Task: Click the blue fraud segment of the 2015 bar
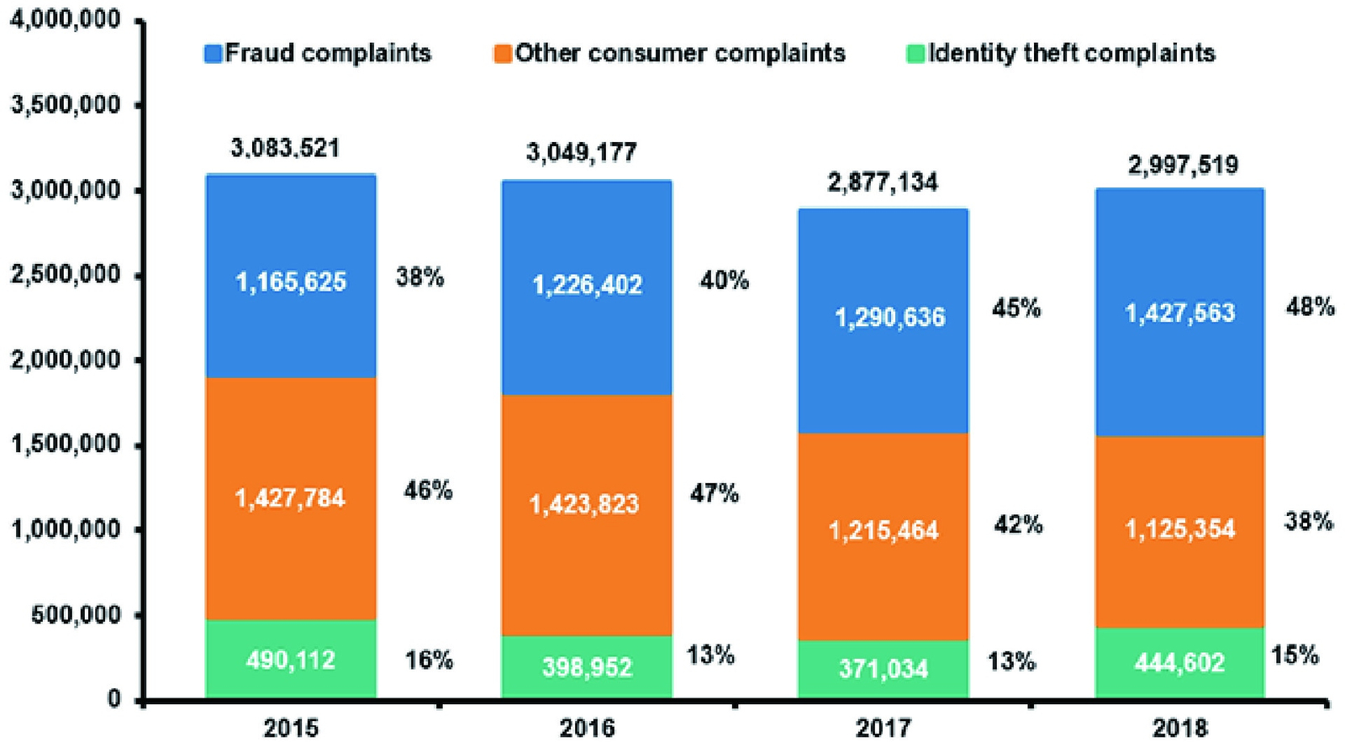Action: (x=291, y=276)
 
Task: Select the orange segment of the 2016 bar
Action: (x=587, y=515)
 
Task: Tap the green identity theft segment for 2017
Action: (x=883, y=670)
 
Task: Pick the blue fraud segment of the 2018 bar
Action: (x=1179, y=312)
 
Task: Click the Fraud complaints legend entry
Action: (x=318, y=54)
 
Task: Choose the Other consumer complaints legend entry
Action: (x=669, y=54)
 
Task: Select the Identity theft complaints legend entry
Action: (x=1060, y=54)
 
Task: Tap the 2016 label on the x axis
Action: (x=588, y=729)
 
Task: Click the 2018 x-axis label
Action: (x=1180, y=729)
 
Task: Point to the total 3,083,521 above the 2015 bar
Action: (x=285, y=148)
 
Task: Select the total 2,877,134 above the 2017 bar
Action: (x=882, y=182)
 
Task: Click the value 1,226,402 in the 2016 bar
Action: (x=588, y=285)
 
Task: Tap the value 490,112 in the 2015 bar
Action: (x=291, y=660)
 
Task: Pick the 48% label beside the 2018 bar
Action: (x=1310, y=308)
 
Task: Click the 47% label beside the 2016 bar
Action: (x=714, y=493)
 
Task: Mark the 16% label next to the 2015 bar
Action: (x=429, y=660)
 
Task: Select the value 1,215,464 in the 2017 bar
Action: (x=883, y=531)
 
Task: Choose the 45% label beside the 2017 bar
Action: (x=1016, y=308)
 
